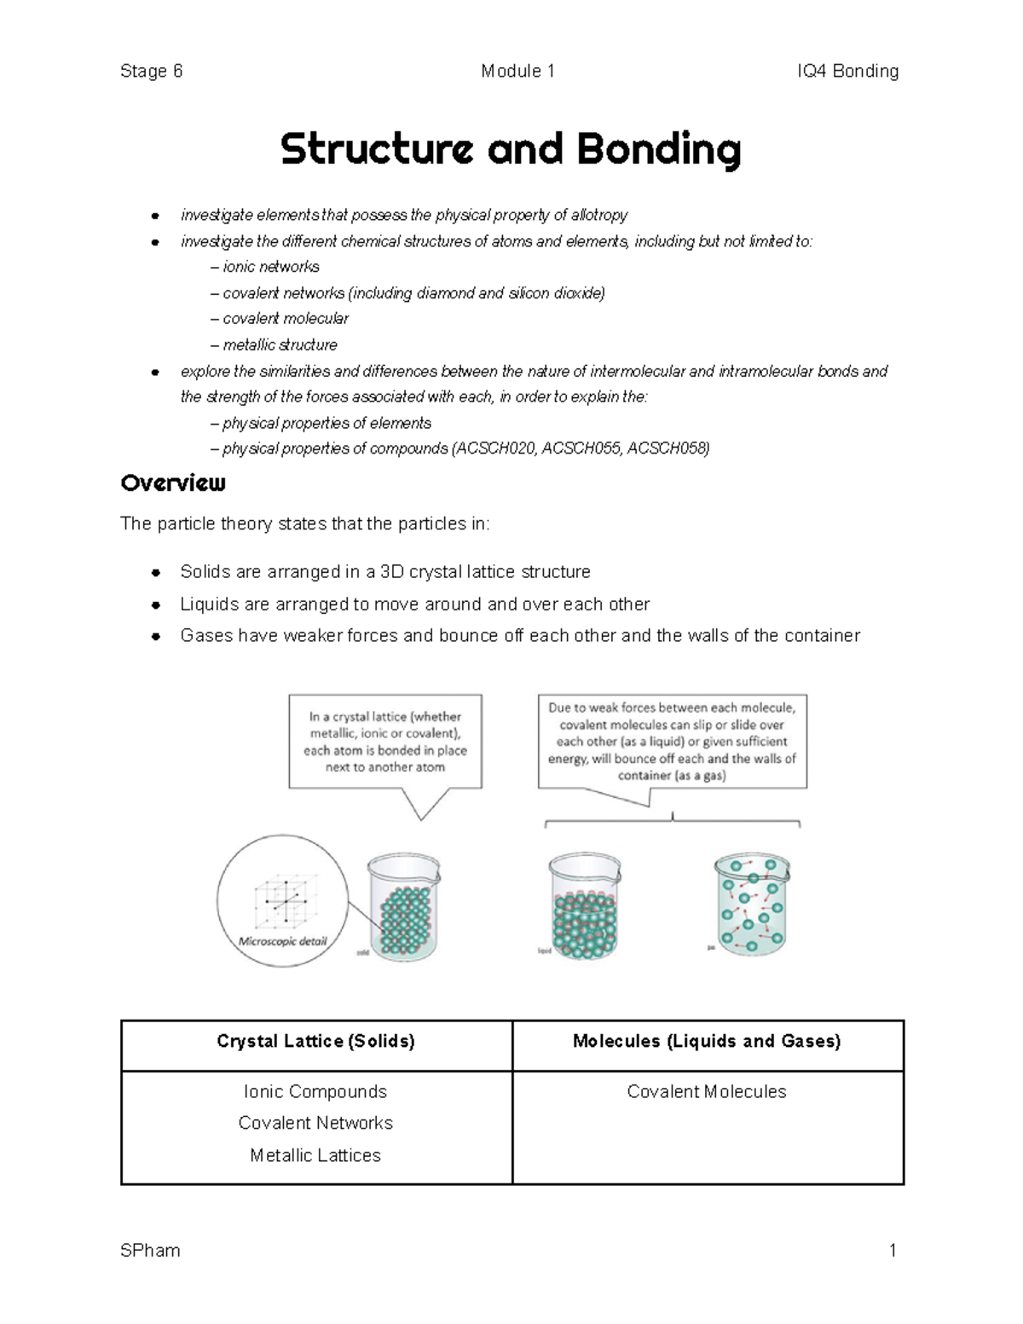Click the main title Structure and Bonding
pos(511,150)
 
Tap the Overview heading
pos(173,483)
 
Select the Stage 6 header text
pos(152,71)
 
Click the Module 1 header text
pos(517,71)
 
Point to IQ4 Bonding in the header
pos(847,71)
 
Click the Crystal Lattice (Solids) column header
pos(315,1041)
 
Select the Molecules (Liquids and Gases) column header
pos(707,1041)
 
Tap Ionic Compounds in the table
pos(315,1091)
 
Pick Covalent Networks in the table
pos(315,1123)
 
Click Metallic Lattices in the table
pos(315,1155)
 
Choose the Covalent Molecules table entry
pos(707,1091)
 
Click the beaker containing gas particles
pos(751,905)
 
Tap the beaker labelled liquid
pos(585,906)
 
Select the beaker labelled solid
pos(403,906)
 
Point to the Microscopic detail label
pos(282,941)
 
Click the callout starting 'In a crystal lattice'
pos(385,742)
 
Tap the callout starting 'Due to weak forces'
pos(672,741)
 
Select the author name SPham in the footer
pos(151,1251)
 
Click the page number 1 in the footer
pos(893,1251)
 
